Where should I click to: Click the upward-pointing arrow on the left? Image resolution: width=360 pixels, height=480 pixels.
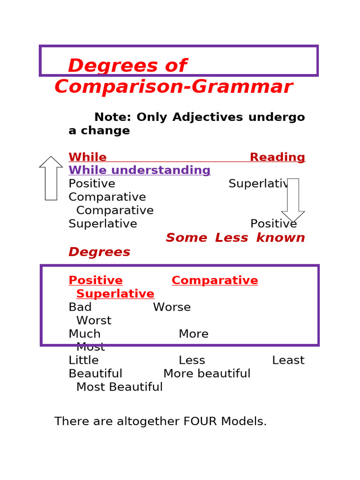(x=51, y=178)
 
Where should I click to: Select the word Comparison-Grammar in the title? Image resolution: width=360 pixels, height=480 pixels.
(x=173, y=87)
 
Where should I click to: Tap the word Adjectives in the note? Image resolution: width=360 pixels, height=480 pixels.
(x=208, y=117)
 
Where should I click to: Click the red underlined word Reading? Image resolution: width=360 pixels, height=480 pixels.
(x=277, y=157)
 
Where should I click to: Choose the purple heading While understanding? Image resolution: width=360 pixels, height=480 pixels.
(x=140, y=170)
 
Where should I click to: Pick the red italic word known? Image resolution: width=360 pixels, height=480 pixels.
(x=280, y=238)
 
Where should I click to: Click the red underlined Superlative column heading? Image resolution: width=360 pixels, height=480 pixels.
(x=115, y=294)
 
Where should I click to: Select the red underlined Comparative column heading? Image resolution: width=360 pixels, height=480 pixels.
(x=215, y=281)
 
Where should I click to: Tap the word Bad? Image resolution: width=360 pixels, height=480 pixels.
(x=80, y=307)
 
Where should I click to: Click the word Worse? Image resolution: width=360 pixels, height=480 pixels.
(x=172, y=307)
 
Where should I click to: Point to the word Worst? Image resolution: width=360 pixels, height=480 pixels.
(x=94, y=321)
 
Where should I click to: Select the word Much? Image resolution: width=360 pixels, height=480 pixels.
(x=84, y=334)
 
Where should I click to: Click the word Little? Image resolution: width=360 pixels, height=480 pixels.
(x=83, y=360)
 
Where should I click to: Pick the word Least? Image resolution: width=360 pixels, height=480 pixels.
(x=288, y=360)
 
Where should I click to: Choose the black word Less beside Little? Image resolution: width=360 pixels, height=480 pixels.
(x=192, y=360)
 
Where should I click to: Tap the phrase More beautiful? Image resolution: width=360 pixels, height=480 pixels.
(x=207, y=374)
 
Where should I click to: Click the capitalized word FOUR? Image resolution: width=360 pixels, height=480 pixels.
(x=200, y=421)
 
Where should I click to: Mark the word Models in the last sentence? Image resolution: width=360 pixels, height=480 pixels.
(x=244, y=421)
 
